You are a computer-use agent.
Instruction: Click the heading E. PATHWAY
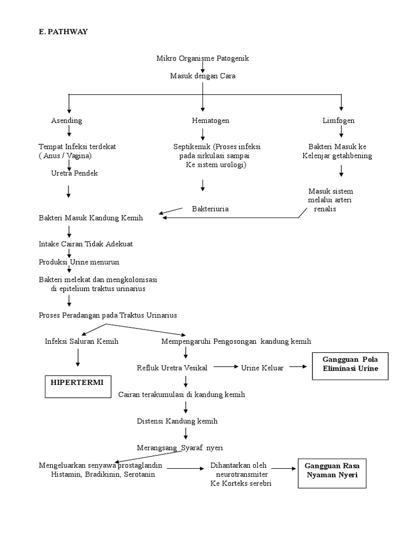tap(63, 32)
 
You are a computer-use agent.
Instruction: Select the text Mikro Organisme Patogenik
tap(202, 59)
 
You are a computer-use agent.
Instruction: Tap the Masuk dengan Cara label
tap(202, 76)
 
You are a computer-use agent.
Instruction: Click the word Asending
tap(66, 121)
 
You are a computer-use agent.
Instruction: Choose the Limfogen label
tap(339, 121)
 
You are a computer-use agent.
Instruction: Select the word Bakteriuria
tap(210, 209)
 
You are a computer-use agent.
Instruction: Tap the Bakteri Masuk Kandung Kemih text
tap(91, 218)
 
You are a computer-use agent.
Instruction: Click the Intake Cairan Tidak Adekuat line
tap(85, 244)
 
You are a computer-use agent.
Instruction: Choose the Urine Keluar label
tap(262, 368)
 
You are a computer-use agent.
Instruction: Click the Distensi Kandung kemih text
tap(177, 421)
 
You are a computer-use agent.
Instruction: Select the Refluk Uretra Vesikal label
tap(172, 368)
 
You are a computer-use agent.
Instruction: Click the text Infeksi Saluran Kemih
tap(82, 341)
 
